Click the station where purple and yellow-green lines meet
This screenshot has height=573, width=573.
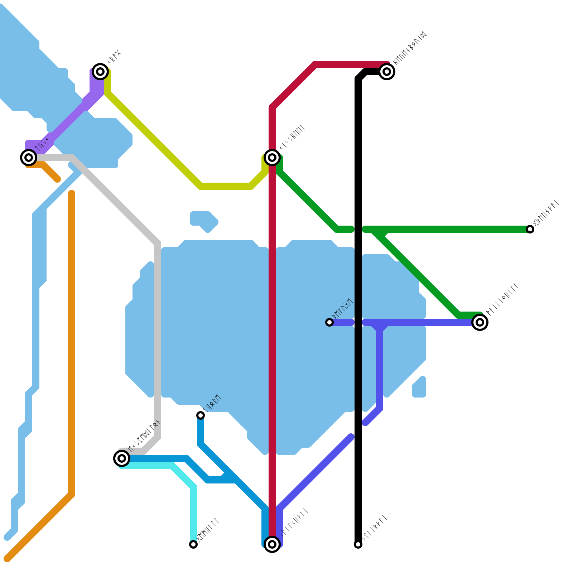click(100, 72)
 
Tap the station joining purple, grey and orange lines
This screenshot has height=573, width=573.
click(29, 157)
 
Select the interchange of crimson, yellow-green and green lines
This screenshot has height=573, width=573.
click(272, 157)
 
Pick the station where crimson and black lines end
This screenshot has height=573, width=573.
click(387, 71)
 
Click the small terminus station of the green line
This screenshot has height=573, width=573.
click(530, 229)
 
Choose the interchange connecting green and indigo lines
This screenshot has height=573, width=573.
click(480, 322)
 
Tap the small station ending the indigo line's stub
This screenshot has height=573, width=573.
click(329, 322)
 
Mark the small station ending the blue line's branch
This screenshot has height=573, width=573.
click(201, 415)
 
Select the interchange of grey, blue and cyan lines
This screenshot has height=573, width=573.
click(122, 458)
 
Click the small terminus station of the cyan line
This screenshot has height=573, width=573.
click(193, 544)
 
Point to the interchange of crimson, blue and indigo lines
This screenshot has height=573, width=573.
click(272, 544)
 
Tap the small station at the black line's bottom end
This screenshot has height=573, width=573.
click(358, 544)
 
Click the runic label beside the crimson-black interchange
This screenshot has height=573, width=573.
click(409, 49)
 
